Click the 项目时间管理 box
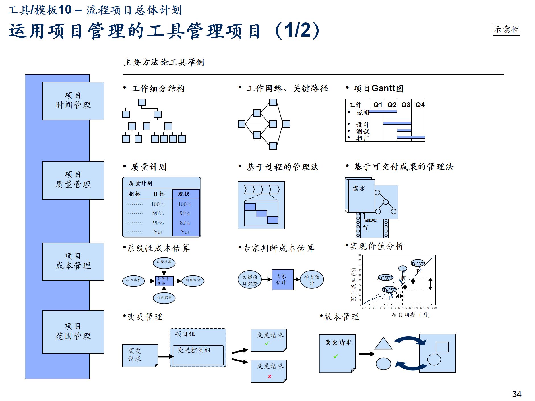(73, 101)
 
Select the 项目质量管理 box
(73, 180)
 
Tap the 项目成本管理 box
(73, 261)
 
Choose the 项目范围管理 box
(73, 331)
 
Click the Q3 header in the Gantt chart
(406, 105)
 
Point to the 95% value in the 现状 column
(185, 213)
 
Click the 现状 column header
(184, 194)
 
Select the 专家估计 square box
(282, 279)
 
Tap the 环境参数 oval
(164, 262)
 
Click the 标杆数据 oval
(164, 298)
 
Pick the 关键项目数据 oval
(250, 280)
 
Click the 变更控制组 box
(198, 355)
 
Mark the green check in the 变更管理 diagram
(267, 343)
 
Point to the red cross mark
(270, 377)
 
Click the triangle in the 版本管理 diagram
(383, 344)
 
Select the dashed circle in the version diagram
(434, 360)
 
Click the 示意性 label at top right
(506, 30)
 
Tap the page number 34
(516, 394)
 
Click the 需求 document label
(359, 188)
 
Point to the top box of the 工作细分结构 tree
(141, 102)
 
